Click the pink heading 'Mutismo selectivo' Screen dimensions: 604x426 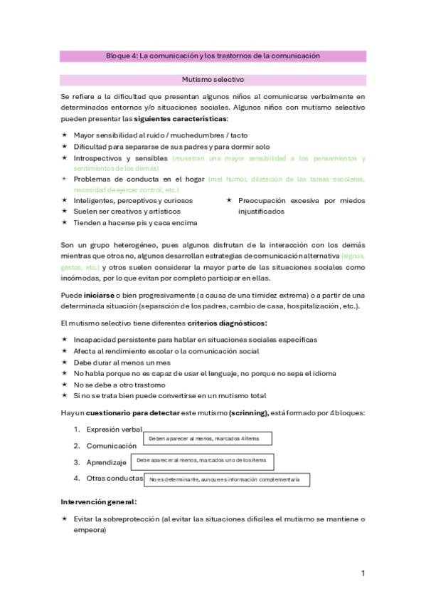pyautogui.click(x=213, y=80)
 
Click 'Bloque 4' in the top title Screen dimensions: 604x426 pyautogui.click(x=120, y=56)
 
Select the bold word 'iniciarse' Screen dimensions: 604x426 pyautogui.click(x=100, y=295)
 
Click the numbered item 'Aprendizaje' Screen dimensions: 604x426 pyautogui.click(x=106, y=462)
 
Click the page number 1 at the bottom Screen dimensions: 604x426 pyautogui.click(x=363, y=573)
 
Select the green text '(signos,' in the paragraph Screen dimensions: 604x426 pyautogui.click(x=353, y=255)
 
